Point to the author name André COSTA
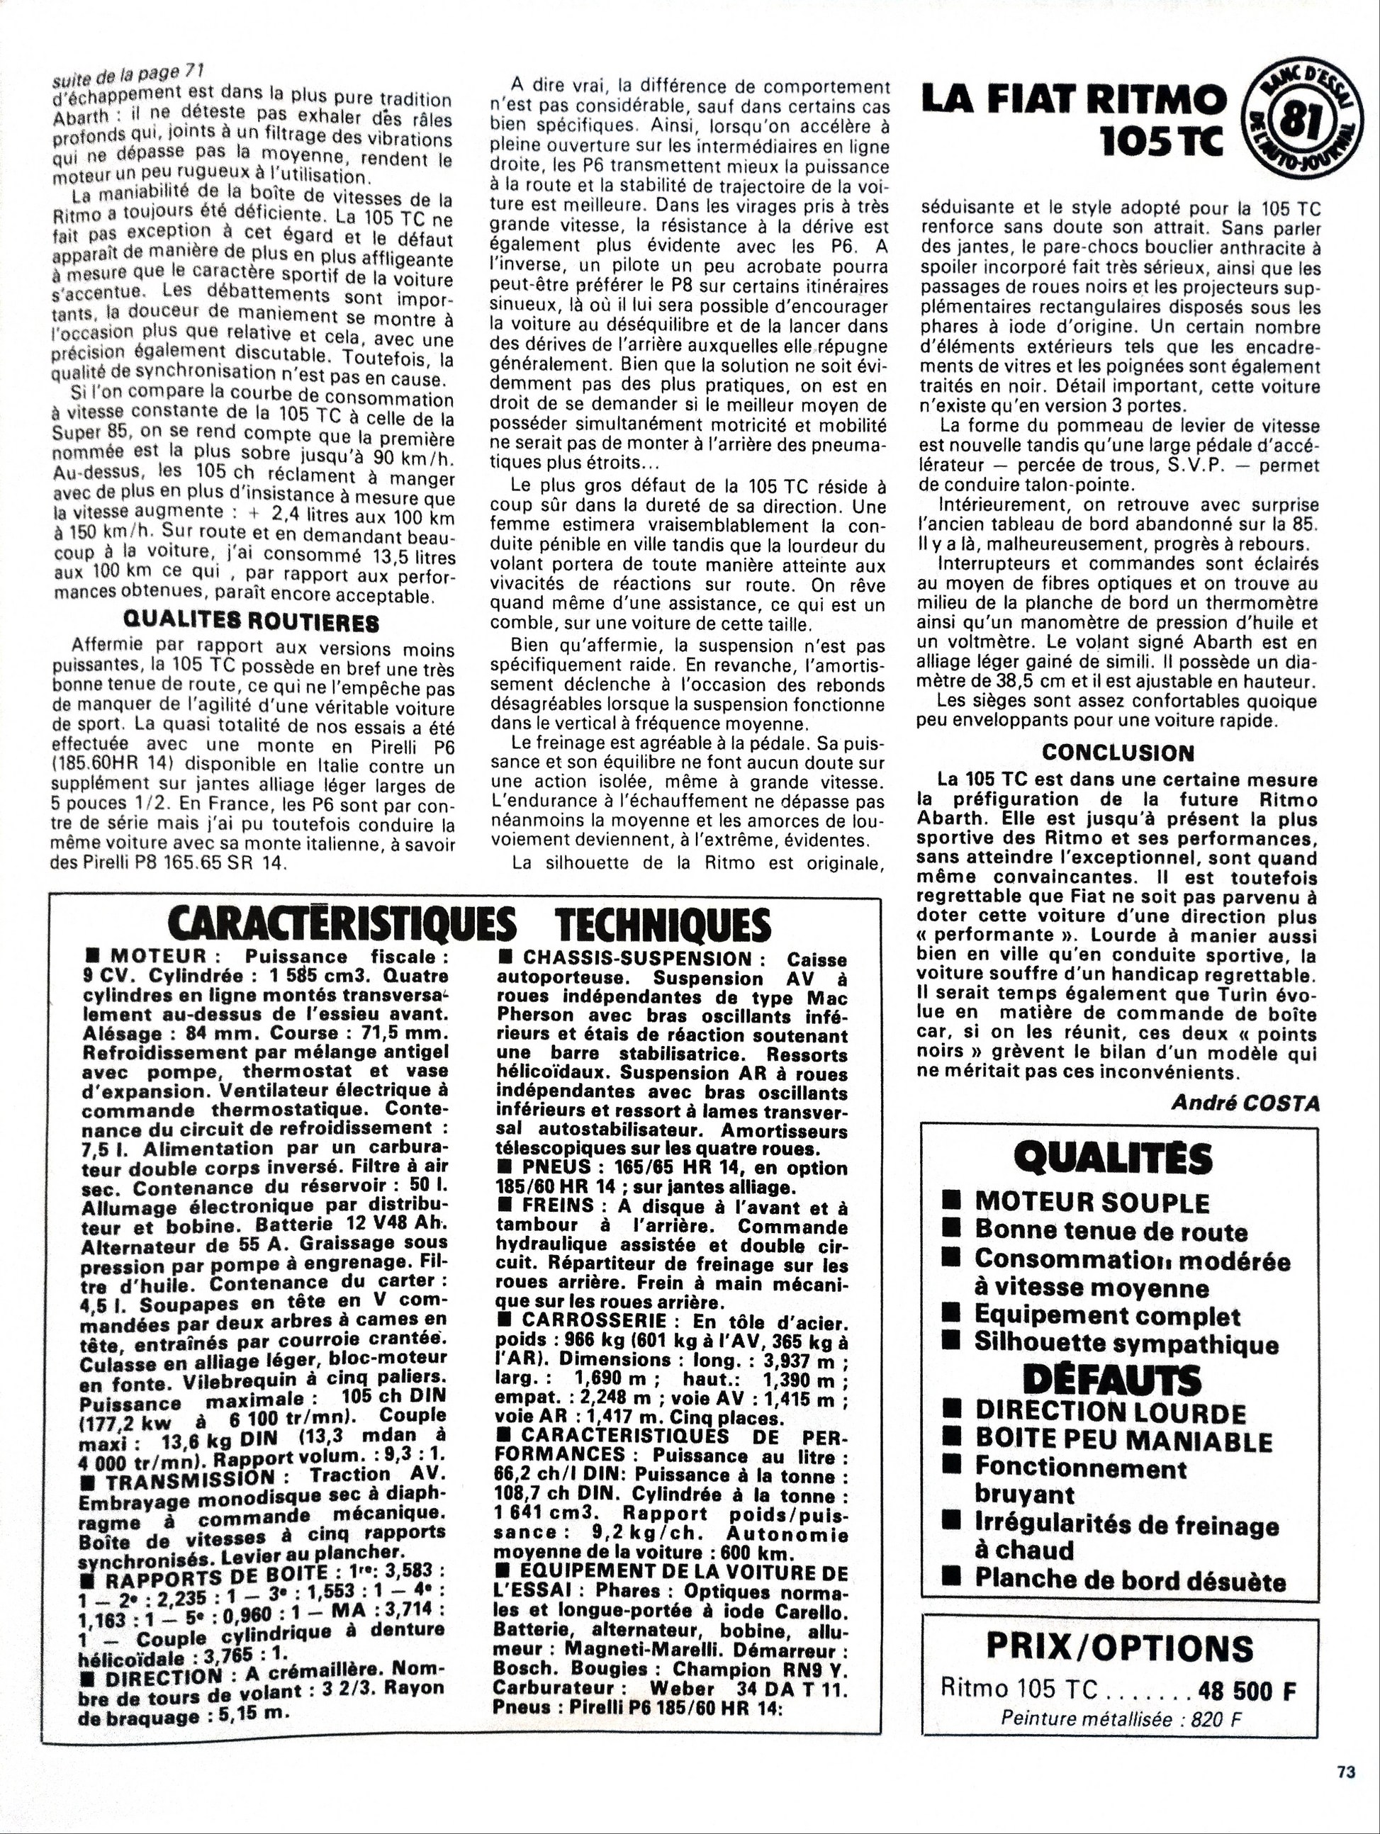click(1245, 1102)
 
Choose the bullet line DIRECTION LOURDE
click(1111, 1412)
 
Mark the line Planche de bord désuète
click(1130, 1580)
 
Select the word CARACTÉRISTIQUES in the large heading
click(341, 926)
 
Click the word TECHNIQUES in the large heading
click(661, 926)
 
